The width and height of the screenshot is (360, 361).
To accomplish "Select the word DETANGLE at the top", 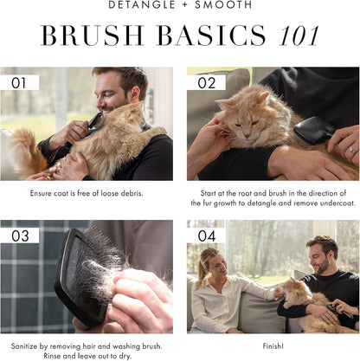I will click(143, 5).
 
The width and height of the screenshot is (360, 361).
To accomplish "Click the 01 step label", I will click(20, 83).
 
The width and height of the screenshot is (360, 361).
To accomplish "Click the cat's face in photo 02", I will click(236, 112).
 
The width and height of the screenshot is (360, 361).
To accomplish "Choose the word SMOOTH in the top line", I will click(225, 5).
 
